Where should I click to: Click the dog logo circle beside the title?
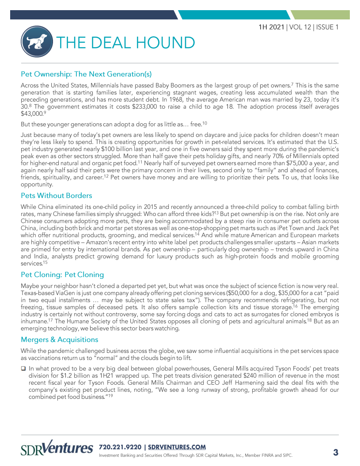(x=37, y=42)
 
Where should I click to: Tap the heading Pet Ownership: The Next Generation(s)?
(x=86, y=73)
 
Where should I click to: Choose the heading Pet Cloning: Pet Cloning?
(x=62, y=274)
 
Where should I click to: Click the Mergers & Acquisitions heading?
(x=60, y=339)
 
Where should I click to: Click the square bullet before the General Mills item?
(x=24, y=368)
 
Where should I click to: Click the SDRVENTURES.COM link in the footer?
(x=177, y=447)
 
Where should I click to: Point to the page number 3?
(x=335, y=452)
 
